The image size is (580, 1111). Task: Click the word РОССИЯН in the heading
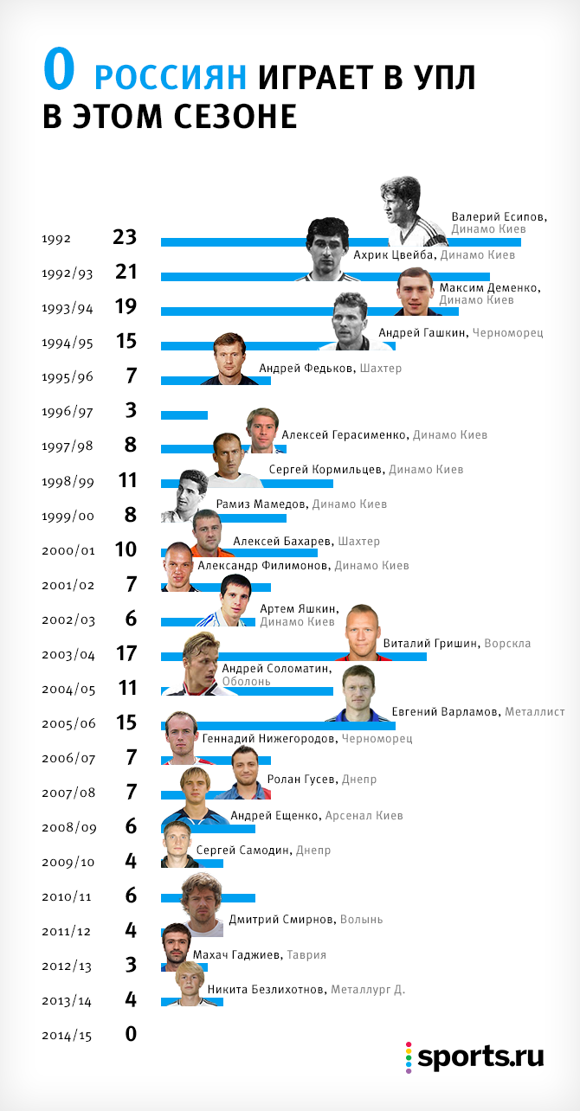(171, 78)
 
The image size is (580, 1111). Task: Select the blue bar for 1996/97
(184, 415)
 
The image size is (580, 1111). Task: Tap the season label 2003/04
(68, 654)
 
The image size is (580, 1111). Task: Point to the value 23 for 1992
(125, 237)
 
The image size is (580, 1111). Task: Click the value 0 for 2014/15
(131, 1033)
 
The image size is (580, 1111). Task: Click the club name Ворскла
(507, 644)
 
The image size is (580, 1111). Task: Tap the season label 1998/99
(68, 481)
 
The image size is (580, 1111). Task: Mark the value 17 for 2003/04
(126, 652)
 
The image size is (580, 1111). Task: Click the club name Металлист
(535, 712)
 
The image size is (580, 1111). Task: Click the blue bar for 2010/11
(208, 898)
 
